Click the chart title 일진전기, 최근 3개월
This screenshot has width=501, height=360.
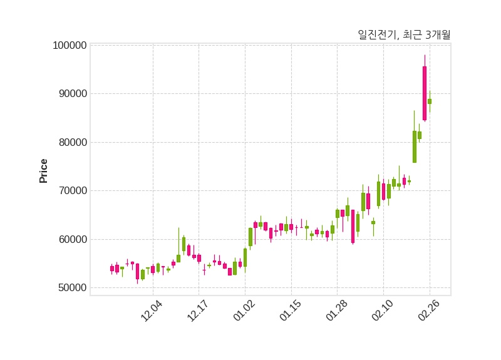(x=403, y=35)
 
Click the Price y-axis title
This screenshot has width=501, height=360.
(x=43, y=171)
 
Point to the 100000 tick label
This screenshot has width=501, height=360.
(x=69, y=46)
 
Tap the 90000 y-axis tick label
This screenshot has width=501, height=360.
(x=71, y=94)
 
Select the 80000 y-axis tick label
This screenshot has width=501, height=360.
(x=71, y=142)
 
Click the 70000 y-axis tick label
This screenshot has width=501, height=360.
(x=71, y=191)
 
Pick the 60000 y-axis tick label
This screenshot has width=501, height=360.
(x=71, y=239)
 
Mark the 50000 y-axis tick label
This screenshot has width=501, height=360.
(x=71, y=288)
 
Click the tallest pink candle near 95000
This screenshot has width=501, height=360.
(x=425, y=93)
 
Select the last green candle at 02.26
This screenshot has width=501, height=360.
(x=430, y=101)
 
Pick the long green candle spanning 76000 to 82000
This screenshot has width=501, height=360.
(x=415, y=147)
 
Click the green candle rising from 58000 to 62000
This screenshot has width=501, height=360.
(x=250, y=237)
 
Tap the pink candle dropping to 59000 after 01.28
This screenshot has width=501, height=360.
(x=353, y=226)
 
